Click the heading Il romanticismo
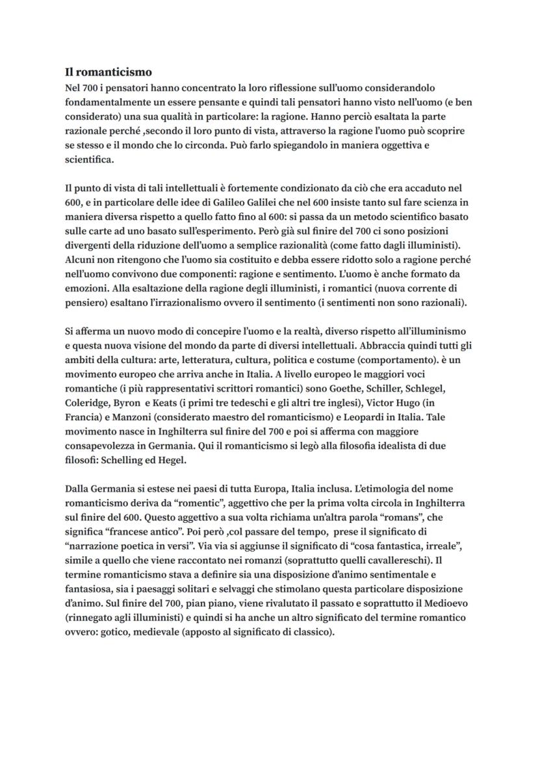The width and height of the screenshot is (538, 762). (109, 73)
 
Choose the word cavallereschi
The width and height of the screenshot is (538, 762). (398, 560)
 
